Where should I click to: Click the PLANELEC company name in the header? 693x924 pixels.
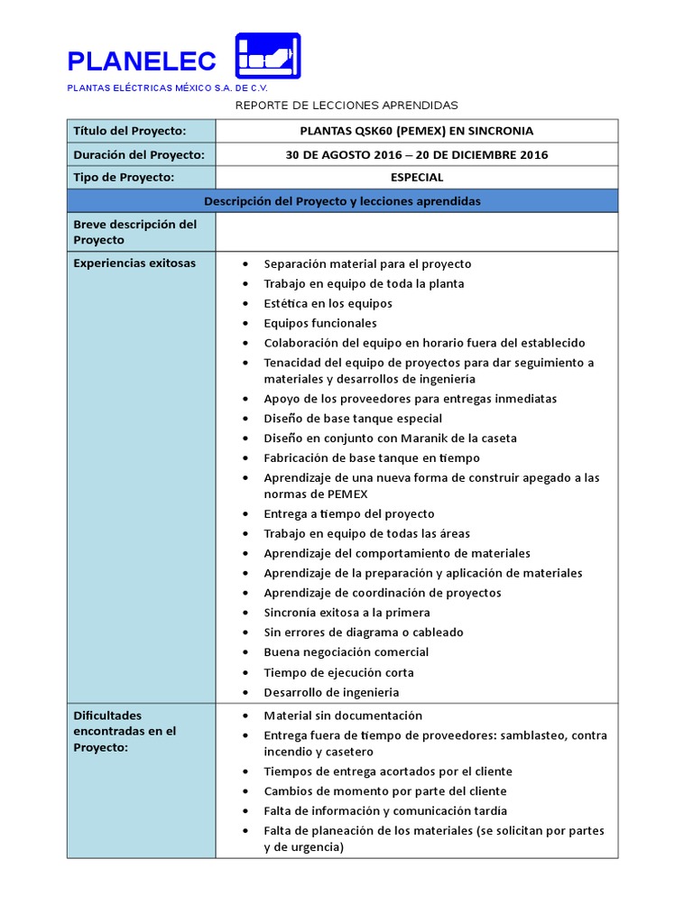tap(142, 61)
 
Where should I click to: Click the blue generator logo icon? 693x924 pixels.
tap(267, 56)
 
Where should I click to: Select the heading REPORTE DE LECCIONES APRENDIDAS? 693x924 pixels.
tap(346, 106)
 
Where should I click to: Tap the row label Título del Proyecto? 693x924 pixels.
tap(129, 131)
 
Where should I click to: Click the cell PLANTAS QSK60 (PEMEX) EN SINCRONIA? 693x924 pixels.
tap(416, 131)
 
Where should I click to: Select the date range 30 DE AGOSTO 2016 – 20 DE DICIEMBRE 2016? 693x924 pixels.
tap(416, 154)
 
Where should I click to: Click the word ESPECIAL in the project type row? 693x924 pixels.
tap(416, 178)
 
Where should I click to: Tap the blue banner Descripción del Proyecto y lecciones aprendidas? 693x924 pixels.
tap(342, 201)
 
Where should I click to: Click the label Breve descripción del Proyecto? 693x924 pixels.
tap(134, 232)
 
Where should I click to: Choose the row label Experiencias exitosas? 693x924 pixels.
tap(134, 263)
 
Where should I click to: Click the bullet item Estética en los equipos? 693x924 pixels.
tap(328, 303)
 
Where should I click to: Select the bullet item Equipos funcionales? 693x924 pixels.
tap(320, 323)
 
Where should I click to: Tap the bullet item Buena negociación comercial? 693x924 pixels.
tap(346, 652)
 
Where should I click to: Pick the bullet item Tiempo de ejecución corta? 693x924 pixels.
tap(338, 672)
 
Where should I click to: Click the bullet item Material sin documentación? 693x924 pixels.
tap(342, 716)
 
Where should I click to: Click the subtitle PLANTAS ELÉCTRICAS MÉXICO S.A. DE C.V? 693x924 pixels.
tap(167, 88)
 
